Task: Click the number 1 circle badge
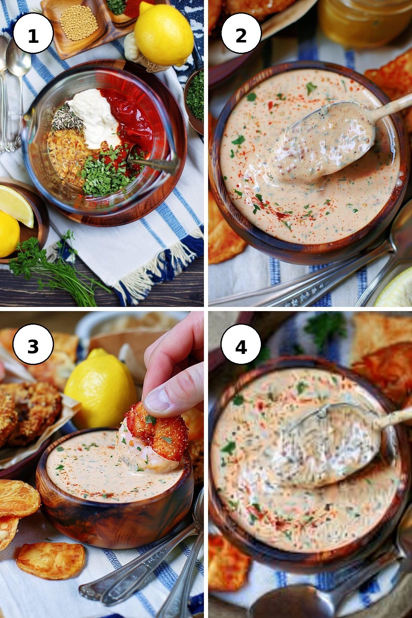pyautogui.click(x=33, y=33)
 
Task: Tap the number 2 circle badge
pyautogui.click(x=241, y=33)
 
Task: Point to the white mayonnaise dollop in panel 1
pyautogui.click(x=95, y=117)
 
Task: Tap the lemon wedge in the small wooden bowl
pyautogui.click(x=16, y=204)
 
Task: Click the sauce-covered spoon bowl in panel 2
pyautogui.click(x=321, y=141)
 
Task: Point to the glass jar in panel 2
pyautogui.click(x=365, y=22)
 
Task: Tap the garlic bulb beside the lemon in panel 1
pyautogui.click(x=138, y=54)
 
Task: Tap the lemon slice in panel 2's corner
pyautogui.click(x=395, y=288)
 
